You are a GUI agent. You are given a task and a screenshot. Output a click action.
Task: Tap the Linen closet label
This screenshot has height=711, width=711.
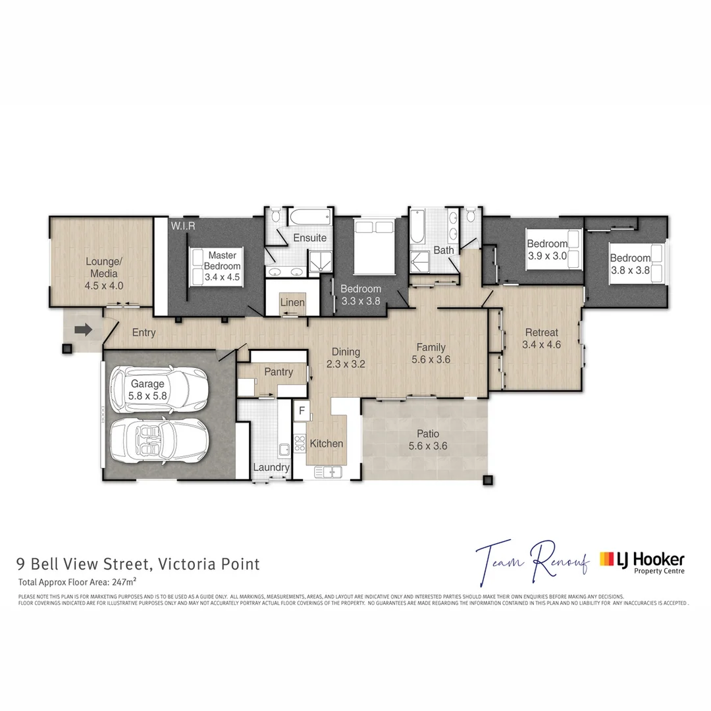(292, 302)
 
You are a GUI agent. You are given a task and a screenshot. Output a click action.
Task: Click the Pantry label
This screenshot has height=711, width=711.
(278, 372)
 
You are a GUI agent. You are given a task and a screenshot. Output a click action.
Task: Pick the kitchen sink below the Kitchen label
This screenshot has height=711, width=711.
(327, 471)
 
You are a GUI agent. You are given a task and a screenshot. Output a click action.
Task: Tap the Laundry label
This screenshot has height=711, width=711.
(271, 467)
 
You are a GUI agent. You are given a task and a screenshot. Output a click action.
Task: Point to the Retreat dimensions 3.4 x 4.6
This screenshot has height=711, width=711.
(541, 344)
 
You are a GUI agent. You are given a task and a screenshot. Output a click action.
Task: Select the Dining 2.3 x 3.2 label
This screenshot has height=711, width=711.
(346, 357)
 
